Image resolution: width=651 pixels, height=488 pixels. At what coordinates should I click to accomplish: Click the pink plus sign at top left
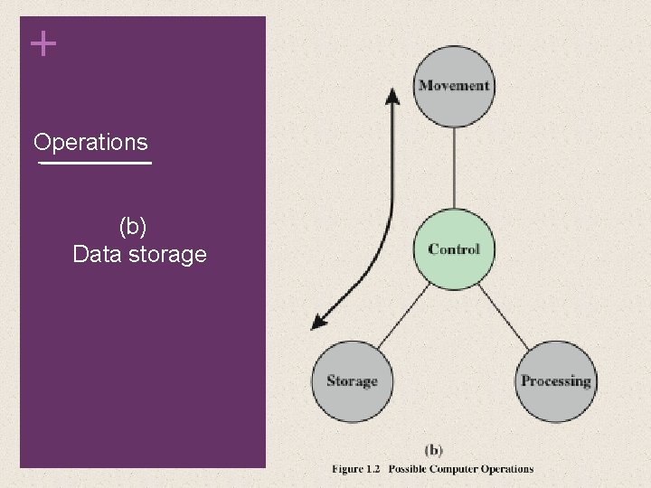pyautogui.click(x=42, y=44)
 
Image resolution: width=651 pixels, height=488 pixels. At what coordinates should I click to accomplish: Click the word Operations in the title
pyautogui.click(x=90, y=143)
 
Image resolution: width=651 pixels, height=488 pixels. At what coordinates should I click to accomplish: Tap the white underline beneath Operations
pyautogui.click(x=95, y=164)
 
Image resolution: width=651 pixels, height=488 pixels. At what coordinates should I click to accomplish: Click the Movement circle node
pyautogui.click(x=453, y=87)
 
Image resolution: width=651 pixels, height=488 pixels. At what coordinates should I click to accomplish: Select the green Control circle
pyautogui.click(x=454, y=249)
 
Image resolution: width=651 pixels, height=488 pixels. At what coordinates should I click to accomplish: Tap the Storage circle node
pyautogui.click(x=352, y=381)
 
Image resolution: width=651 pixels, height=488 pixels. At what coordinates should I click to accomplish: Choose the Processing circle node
pyautogui.click(x=555, y=381)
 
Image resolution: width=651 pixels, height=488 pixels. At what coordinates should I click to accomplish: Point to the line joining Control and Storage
pyautogui.click(x=402, y=315)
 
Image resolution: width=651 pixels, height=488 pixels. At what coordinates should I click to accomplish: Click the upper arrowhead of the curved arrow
pyautogui.click(x=392, y=93)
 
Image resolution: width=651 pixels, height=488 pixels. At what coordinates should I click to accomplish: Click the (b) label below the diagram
pyautogui.click(x=433, y=450)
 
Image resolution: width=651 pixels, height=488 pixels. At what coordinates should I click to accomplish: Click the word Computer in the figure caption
pyautogui.click(x=463, y=469)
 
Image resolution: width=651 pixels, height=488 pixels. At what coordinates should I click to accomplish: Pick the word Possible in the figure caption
pyautogui.click(x=411, y=469)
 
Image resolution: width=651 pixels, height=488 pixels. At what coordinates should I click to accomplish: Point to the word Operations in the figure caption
pyautogui.click(x=511, y=469)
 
